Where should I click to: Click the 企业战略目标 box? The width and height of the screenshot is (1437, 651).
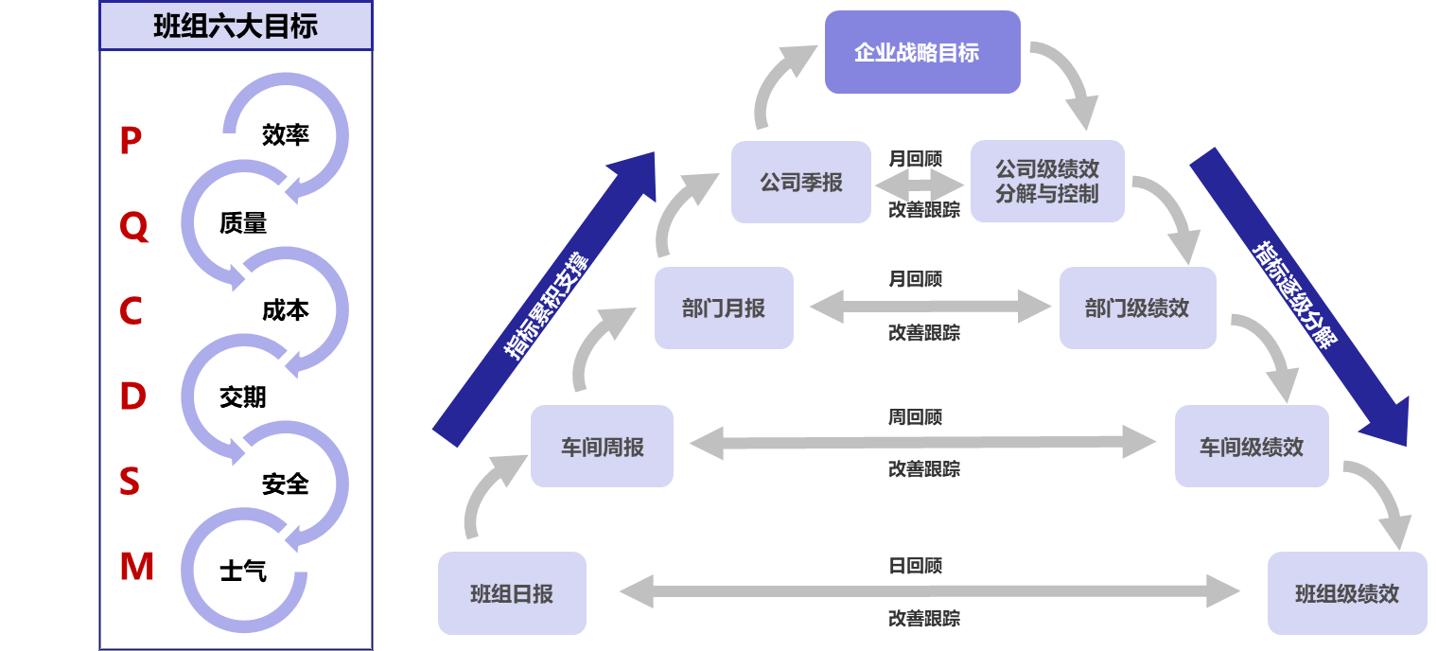pos(922,52)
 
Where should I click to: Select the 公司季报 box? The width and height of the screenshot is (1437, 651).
pos(801,183)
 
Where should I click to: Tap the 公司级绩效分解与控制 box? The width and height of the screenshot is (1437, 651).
pos(1047,182)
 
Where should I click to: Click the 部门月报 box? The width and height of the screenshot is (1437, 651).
pos(724,308)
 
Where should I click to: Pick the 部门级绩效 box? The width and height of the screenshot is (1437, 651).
pos(1137,308)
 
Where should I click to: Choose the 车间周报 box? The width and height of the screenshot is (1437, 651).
pos(602,447)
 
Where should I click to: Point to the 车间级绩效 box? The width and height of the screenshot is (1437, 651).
pos(1252,447)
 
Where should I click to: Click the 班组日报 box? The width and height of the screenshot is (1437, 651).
pos(512,593)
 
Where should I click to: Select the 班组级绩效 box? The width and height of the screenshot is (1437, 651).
pos(1347,593)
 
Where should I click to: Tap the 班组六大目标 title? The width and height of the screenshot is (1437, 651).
pos(236,26)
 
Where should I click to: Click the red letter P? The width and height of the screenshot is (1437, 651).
pos(131,142)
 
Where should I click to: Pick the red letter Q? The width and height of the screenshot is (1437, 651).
pos(133,227)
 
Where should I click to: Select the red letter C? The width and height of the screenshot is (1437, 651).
pos(131,311)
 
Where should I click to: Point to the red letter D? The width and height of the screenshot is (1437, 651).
pos(132,396)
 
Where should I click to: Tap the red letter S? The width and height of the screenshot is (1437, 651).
pos(130,482)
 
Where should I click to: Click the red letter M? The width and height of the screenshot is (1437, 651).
pos(136,567)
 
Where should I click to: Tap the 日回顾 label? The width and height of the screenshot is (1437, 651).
pos(915,566)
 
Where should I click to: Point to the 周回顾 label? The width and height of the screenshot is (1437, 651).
pos(915,416)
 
